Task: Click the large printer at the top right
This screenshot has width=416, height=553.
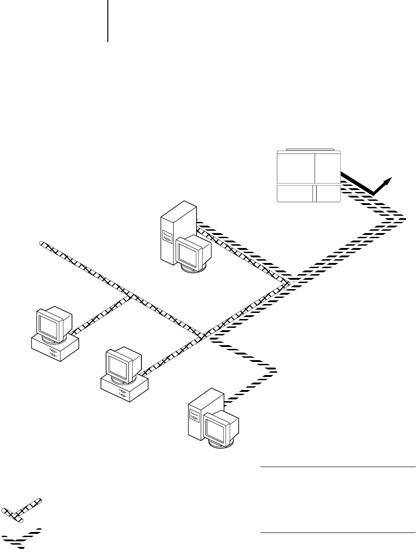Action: (x=309, y=176)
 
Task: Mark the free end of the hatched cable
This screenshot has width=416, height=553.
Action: (x=41, y=243)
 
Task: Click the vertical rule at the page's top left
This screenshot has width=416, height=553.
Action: (x=108, y=21)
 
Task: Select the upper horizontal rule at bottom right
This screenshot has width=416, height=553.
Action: (x=338, y=467)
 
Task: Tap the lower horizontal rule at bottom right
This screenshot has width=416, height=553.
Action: (x=338, y=532)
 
